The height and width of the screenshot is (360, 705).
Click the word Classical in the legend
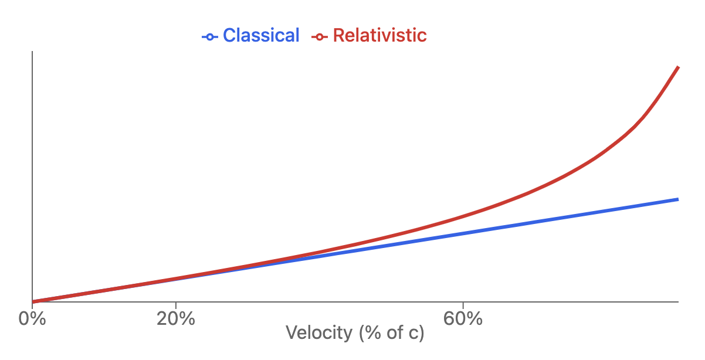261,36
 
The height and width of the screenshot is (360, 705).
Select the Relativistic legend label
379,36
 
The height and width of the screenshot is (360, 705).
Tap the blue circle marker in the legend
209,37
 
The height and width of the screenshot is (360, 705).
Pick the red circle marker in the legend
319,37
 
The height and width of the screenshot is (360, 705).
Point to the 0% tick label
32,319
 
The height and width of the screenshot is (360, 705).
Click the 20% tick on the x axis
175,319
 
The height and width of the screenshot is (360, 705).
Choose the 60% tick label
463,319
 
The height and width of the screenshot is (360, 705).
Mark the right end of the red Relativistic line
678,67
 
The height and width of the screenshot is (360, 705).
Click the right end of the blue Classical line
678,199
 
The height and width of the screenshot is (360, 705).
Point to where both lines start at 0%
33,301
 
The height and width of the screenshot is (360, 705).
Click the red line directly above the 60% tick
463,216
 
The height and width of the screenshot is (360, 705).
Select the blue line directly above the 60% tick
463,233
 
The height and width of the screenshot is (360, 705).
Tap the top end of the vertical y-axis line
32,52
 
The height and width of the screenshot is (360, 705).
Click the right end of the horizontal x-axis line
678,302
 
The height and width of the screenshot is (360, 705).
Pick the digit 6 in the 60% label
450,319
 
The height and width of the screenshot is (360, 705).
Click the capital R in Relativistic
339,36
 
